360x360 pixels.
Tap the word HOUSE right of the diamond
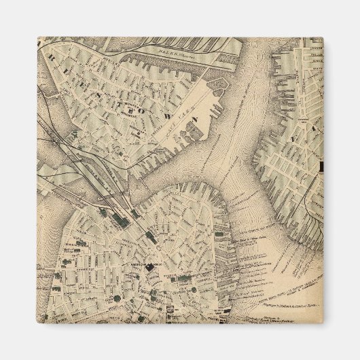click(160, 266)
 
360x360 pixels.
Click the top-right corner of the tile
click(322, 39)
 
